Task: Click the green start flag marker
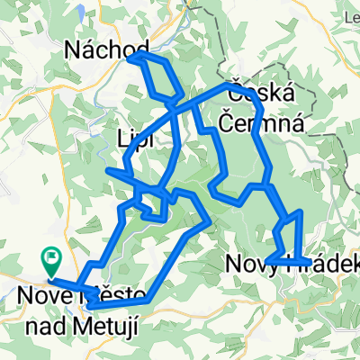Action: [x=50, y=261]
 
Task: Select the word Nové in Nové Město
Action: [x=41, y=293]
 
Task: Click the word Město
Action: [x=106, y=293]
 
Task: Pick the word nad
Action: [x=38, y=314]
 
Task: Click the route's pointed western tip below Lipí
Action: [x=107, y=169]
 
